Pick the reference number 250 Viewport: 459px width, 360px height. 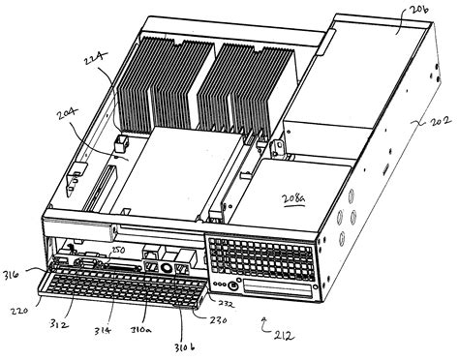click(118, 251)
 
